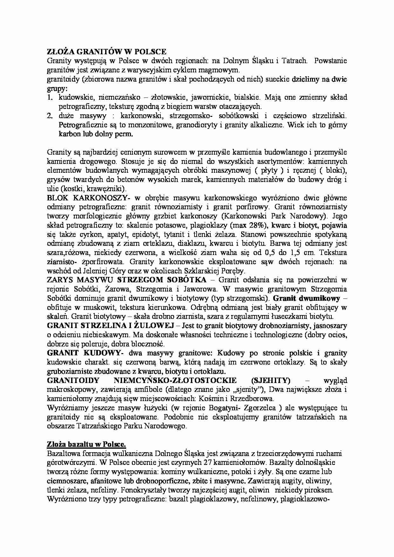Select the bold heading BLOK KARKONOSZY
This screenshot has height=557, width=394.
(86, 198)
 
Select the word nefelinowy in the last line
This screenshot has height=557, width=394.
(259, 499)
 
